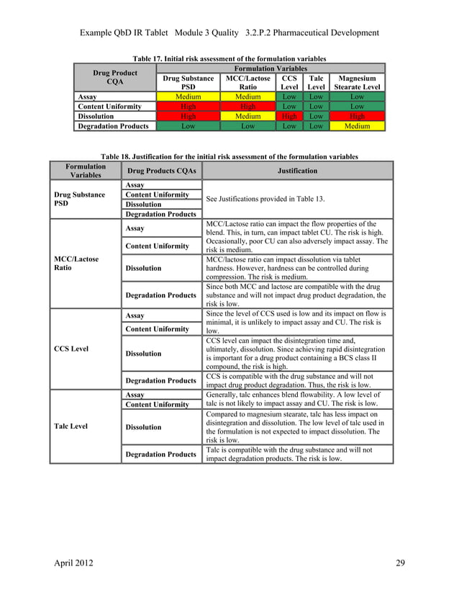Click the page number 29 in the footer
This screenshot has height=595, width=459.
click(401, 563)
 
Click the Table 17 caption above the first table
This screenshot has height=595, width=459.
click(229, 58)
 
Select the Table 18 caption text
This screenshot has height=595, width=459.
click(229, 156)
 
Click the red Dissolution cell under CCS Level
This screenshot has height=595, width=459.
click(289, 116)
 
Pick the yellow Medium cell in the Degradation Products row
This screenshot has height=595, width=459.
click(357, 126)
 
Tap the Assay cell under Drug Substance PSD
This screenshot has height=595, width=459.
click(188, 97)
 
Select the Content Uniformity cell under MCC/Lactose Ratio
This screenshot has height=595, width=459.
click(247, 107)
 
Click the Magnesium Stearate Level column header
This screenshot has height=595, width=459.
click(357, 82)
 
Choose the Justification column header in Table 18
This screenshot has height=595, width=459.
click(297, 171)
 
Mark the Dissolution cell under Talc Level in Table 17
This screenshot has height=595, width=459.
click(316, 116)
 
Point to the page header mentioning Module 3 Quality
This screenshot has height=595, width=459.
click(229, 33)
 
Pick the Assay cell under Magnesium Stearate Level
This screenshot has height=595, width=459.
click(357, 97)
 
